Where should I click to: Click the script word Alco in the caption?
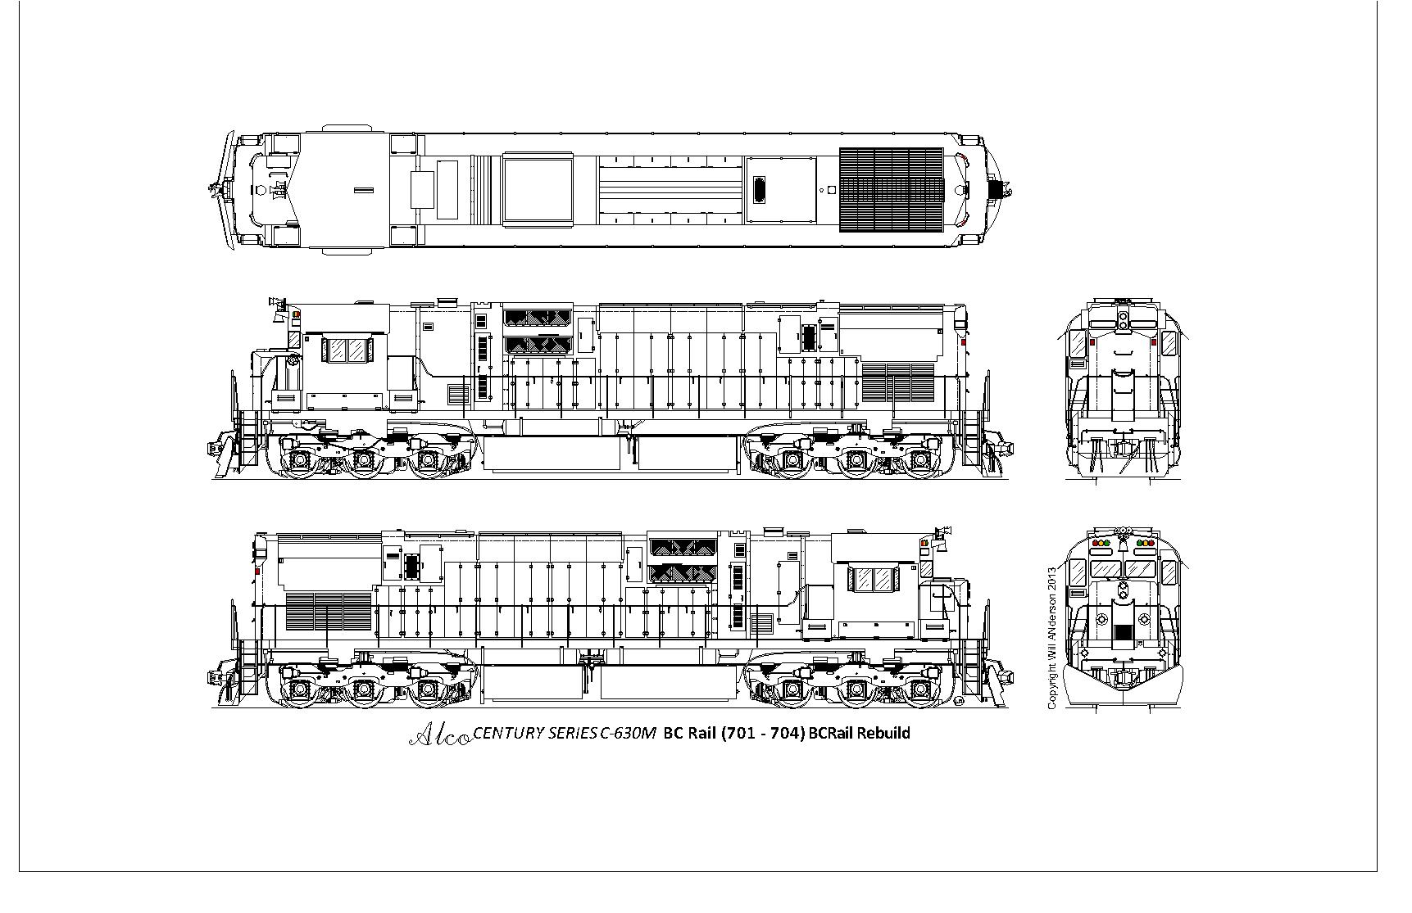point(439,734)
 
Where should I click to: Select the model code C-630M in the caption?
point(628,733)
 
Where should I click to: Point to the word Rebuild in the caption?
point(883,732)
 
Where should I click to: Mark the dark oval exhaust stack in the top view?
point(760,190)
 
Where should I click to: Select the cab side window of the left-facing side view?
point(346,350)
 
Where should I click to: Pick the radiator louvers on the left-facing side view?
point(898,382)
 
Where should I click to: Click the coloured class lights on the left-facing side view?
point(295,314)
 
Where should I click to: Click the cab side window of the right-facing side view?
point(874,581)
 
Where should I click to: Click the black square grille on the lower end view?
point(1123,632)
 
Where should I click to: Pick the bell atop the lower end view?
point(1124,541)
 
